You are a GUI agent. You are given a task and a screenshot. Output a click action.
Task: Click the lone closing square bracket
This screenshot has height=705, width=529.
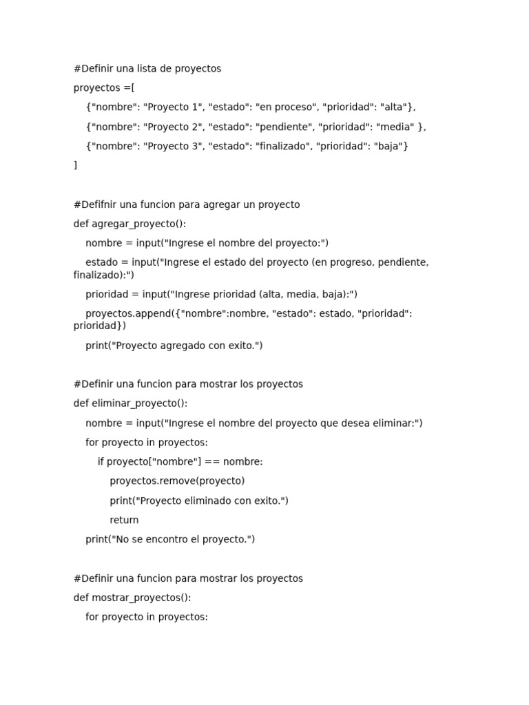pos(76,165)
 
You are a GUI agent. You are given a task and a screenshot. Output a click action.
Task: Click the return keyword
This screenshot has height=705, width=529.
pos(124,520)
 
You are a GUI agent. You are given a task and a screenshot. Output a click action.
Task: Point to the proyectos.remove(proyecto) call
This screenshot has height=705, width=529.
pos(177,481)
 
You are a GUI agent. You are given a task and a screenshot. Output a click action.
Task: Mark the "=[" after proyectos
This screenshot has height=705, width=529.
pos(129,88)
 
